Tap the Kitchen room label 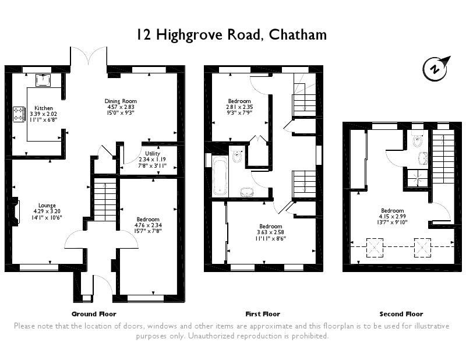44,108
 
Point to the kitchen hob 19,112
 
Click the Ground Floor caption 94,314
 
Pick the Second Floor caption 401,314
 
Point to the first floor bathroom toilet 236,156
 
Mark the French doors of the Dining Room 89,57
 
